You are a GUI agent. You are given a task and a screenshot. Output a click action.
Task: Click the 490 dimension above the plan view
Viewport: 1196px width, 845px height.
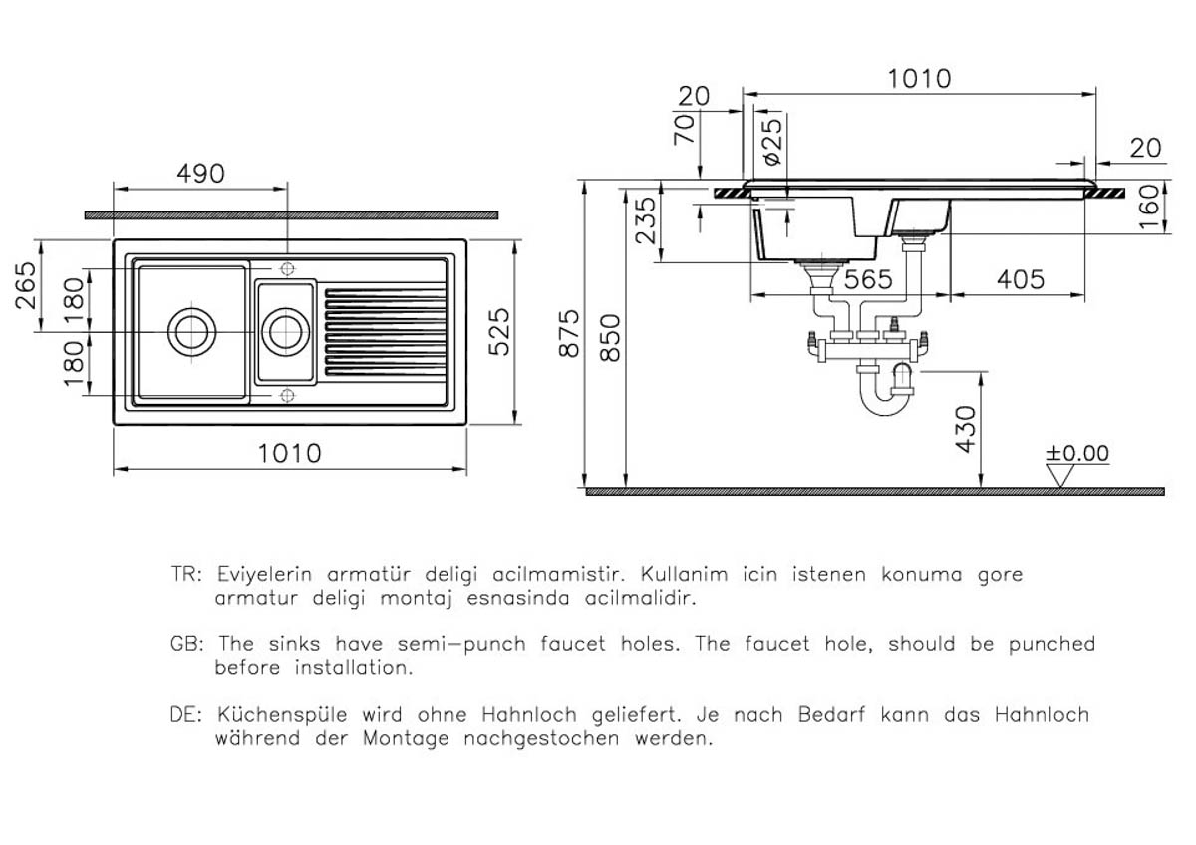200,174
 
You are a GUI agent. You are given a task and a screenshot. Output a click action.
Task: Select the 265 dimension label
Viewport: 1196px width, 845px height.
26,285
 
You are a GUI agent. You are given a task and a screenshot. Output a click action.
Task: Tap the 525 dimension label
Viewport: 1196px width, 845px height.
499,332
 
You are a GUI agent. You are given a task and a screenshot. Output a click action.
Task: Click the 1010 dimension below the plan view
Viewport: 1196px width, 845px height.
289,454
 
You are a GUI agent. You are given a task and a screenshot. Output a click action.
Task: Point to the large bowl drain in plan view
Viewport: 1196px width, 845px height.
192,332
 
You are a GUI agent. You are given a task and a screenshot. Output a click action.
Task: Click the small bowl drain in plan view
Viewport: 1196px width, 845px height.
286,332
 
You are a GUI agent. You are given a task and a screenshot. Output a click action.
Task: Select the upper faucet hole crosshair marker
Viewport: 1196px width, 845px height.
287,268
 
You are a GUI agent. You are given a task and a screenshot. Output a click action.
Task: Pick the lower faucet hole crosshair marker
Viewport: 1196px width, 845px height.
287,395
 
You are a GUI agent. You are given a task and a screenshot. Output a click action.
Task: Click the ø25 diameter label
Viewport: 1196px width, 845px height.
772,142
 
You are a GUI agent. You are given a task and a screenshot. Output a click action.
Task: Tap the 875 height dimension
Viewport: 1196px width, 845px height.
569,333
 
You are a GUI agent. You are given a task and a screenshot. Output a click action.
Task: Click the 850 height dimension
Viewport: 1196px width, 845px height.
610,338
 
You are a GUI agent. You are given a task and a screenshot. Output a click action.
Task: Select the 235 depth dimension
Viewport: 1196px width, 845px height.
646,220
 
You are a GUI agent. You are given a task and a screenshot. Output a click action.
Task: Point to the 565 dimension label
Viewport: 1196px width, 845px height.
868,279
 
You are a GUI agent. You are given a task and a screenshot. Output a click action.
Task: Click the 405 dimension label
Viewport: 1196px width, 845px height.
1021,279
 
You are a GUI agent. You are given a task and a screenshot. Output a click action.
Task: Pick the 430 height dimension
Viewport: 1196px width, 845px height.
966,429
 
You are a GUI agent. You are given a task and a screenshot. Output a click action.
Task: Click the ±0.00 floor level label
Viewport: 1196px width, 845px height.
1077,453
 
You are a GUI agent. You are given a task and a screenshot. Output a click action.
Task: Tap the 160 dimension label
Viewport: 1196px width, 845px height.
1149,208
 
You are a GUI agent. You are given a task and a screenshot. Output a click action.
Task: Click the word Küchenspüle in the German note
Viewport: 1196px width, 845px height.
282,714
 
